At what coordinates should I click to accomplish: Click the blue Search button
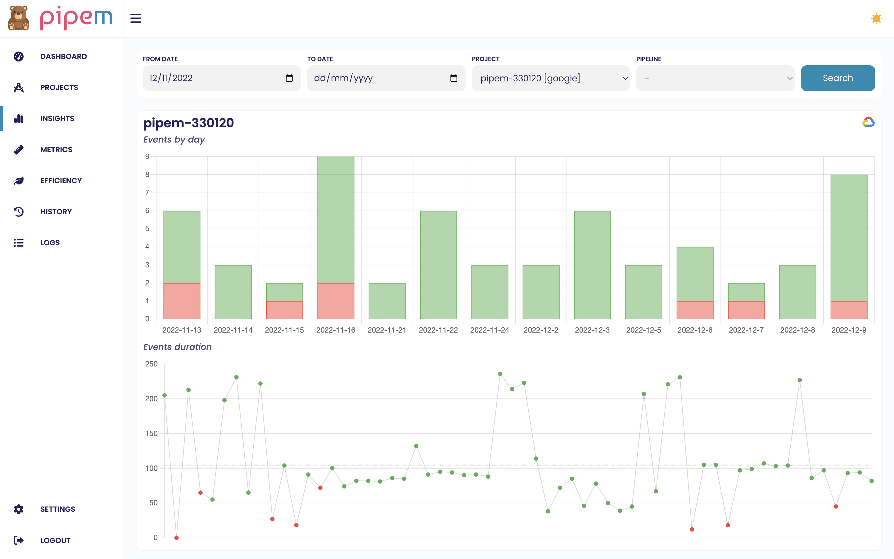tap(838, 78)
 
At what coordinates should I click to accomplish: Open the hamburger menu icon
tap(136, 18)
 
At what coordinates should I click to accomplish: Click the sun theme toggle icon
tap(876, 19)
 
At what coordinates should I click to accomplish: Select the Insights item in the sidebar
tap(57, 119)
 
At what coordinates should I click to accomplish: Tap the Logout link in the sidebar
tap(55, 540)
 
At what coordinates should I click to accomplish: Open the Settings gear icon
tap(19, 509)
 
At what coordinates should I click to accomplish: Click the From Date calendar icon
tap(289, 78)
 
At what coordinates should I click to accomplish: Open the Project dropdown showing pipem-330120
tap(550, 78)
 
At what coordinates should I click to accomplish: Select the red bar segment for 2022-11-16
tap(336, 301)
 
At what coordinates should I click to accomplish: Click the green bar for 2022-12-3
tap(592, 265)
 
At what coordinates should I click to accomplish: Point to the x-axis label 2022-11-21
tap(387, 330)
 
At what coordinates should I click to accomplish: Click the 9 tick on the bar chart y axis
tap(147, 157)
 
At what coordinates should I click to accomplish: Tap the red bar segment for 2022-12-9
tap(849, 310)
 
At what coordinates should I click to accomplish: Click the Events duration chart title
tap(177, 347)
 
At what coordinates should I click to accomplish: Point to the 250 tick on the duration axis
tap(151, 364)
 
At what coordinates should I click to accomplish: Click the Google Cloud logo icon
tap(868, 122)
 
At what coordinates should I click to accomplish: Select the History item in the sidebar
tap(56, 212)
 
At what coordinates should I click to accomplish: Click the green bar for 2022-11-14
tap(233, 292)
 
